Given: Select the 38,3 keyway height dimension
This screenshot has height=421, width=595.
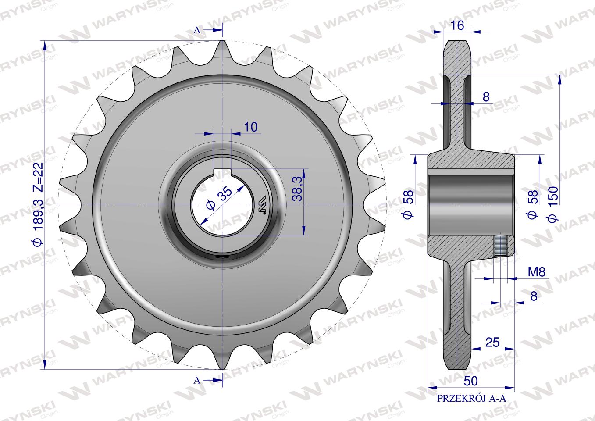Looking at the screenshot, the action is pos(297,189).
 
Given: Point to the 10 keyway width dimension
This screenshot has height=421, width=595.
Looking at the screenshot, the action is pos(250,127).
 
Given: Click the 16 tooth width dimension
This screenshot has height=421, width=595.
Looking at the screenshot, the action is pos(457,25).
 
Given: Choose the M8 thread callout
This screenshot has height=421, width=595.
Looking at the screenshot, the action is pos(536,272).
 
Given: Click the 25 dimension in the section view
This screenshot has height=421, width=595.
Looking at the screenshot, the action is pos(492,343).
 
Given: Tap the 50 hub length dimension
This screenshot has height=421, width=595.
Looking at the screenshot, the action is pos(470,381).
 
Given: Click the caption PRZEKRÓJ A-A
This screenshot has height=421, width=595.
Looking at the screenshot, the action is pos(471,406).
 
